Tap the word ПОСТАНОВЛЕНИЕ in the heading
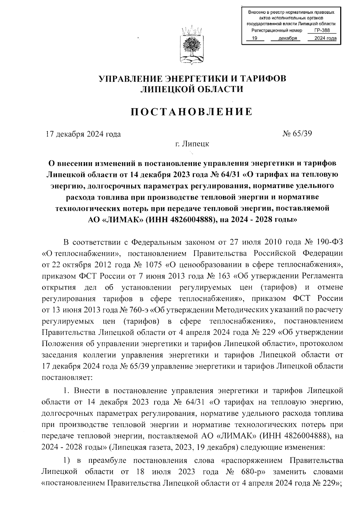tap(192, 112)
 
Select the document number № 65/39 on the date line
tap(297, 133)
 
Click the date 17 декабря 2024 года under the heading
tap(83, 134)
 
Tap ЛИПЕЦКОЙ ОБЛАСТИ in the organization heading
tap(192, 89)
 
